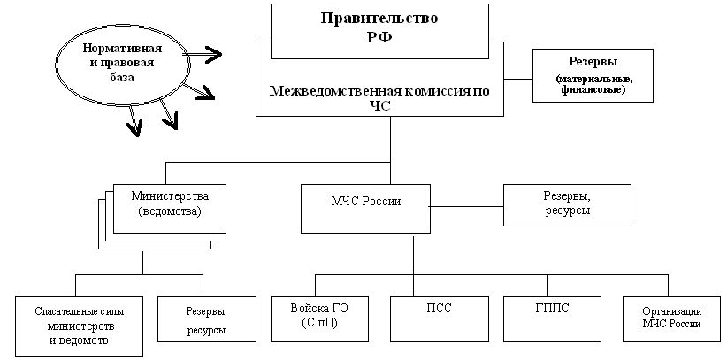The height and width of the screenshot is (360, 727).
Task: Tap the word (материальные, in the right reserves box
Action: pyautogui.click(x=592, y=80)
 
